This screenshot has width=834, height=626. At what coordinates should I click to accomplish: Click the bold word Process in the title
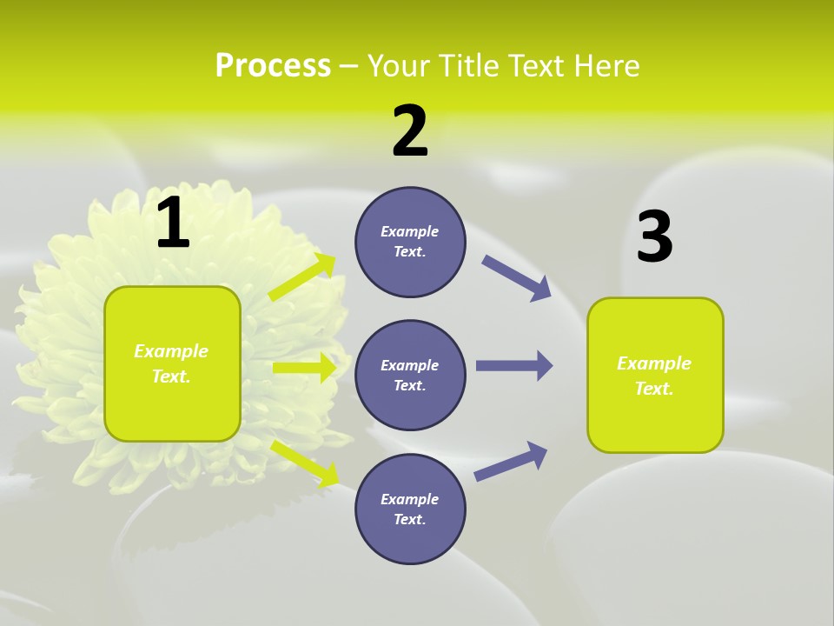pyautogui.click(x=273, y=66)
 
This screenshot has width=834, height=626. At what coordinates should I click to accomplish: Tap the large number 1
pyautogui.click(x=173, y=223)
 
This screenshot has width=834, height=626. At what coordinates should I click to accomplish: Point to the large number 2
pyautogui.click(x=410, y=131)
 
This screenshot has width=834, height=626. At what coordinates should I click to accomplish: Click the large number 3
pyautogui.click(x=654, y=237)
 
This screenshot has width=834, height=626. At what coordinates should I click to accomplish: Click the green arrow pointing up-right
pyautogui.click(x=302, y=277)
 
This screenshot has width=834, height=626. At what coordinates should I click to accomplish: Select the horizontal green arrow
pyautogui.click(x=304, y=368)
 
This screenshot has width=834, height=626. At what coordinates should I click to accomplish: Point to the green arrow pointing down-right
pyautogui.click(x=305, y=463)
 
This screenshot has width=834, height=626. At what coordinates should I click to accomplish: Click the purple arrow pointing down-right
pyautogui.click(x=517, y=278)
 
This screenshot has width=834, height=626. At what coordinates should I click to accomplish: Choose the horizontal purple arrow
pyautogui.click(x=514, y=366)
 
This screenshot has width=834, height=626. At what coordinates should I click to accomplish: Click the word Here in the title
pyautogui.click(x=607, y=66)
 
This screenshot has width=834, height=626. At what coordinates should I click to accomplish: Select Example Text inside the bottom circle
pyautogui.click(x=410, y=509)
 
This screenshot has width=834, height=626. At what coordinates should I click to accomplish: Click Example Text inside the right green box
pyautogui.click(x=654, y=376)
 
